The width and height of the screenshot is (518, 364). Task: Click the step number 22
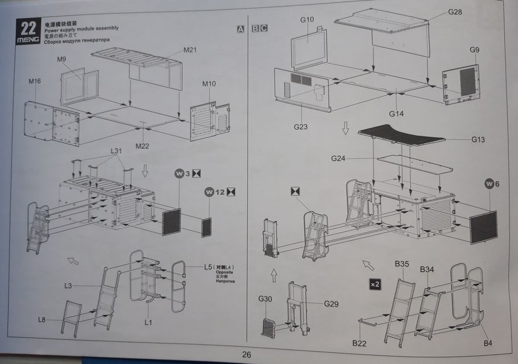[x=28, y=27]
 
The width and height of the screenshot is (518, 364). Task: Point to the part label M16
[x=34, y=81]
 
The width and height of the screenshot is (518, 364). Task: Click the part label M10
[x=209, y=84]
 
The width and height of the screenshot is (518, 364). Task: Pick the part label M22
[x=142, y=145]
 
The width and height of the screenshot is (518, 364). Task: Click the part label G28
[x=455, y=12]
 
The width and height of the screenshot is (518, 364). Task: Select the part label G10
[x=307, y=19]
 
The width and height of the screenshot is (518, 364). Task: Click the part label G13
[x=479, y=139]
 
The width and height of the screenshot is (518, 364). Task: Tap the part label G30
[x=266, y=299]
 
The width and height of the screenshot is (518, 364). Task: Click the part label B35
[x=402, y=265]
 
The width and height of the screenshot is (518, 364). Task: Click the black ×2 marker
[x=375, y=284]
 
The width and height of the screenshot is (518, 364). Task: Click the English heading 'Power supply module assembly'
[x=81, y=28]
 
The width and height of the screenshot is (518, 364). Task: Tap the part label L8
[x=42, y=320]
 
